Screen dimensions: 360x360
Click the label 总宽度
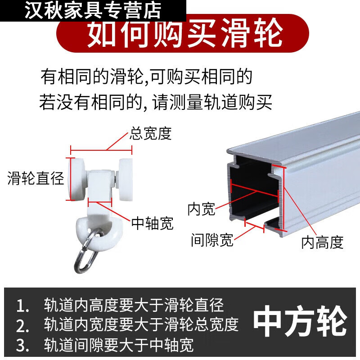tap(151, 134)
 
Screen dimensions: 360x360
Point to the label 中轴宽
tap(152, 223)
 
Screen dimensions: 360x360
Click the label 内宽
tap(201, 209)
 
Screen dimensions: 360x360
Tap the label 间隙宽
tap(212, 240)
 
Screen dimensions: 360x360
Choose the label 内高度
tap(322, 243)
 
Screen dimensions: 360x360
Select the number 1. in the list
tap(22, 306)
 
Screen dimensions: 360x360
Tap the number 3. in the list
tap(22, 345)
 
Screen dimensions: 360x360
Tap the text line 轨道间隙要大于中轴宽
tap(119, 345)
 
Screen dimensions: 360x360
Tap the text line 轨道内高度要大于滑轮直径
tap(134, 306)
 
